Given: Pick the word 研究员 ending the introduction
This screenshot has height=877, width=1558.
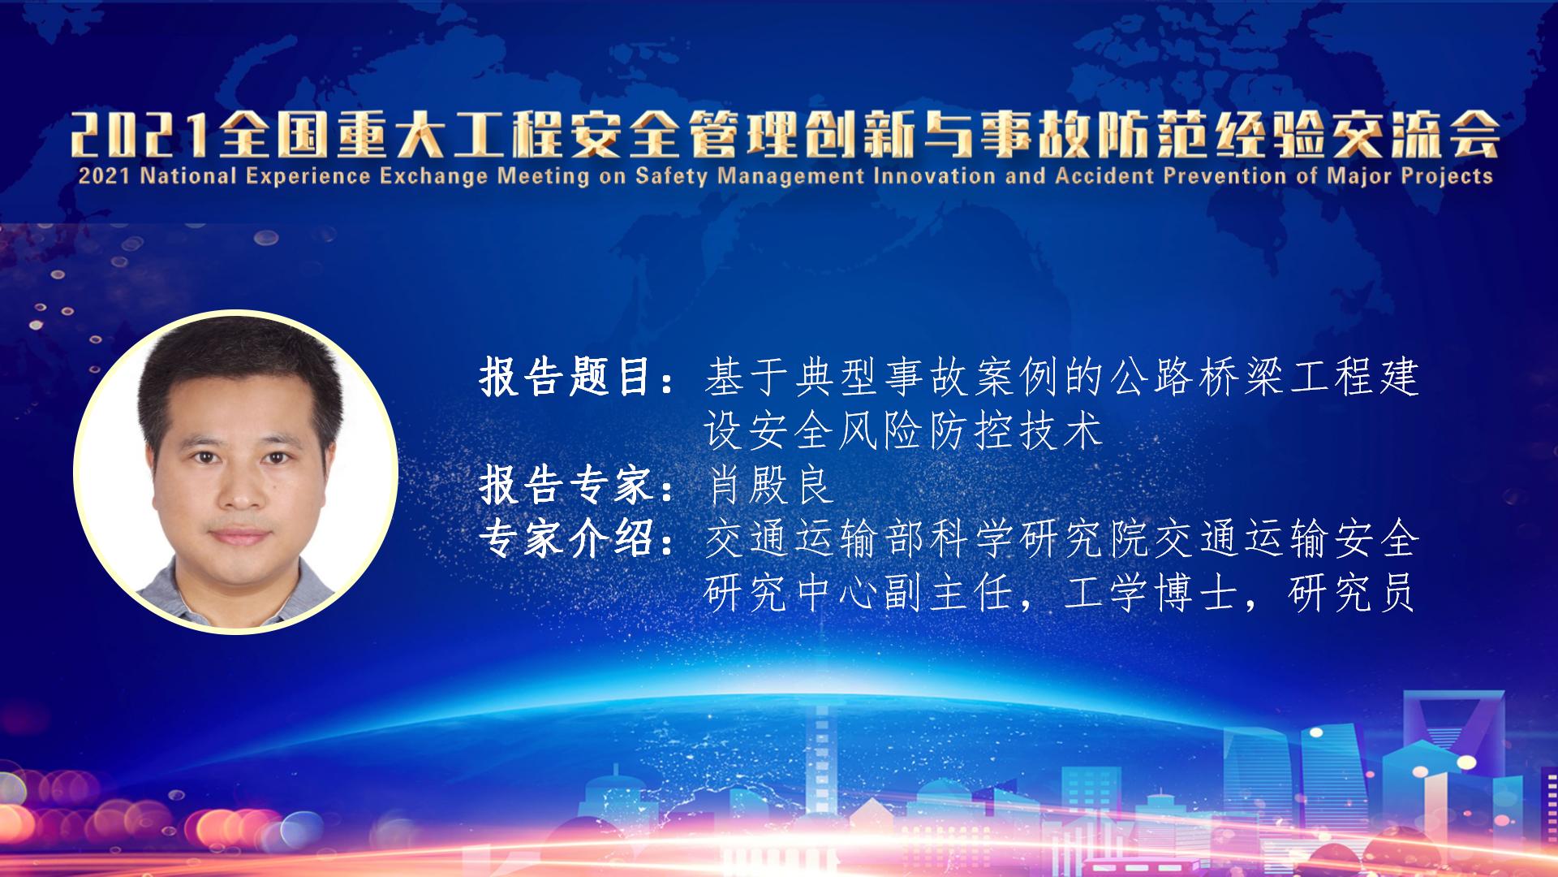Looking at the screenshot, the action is click(1352, 594).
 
